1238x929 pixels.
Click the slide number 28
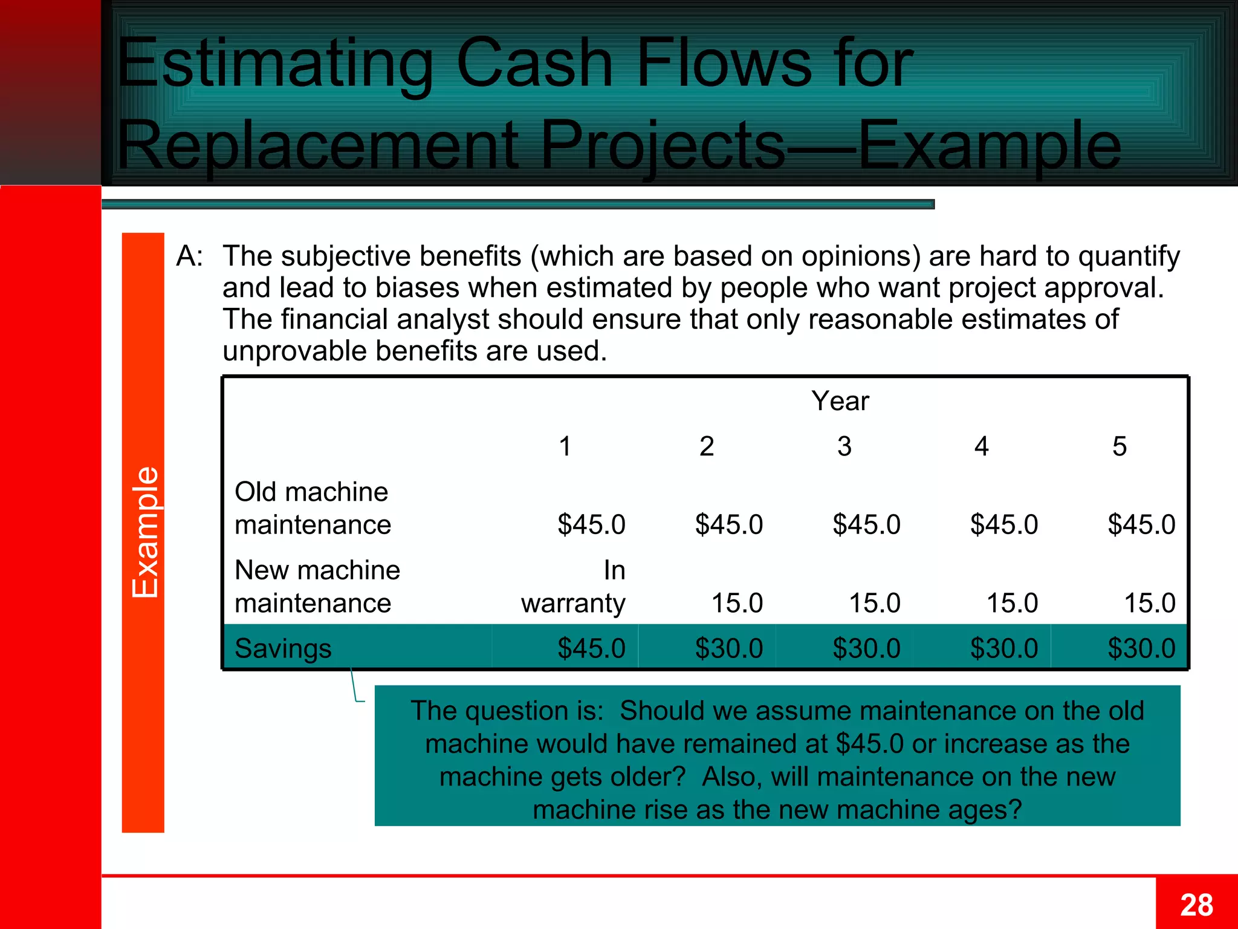click(x=1196, y=905)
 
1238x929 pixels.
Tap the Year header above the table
click(x=840, y=401)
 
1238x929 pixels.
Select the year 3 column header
click(x=844, y=446)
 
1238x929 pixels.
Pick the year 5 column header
click(x=1119, y=446)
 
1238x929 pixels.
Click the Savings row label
click(x=283, y=648)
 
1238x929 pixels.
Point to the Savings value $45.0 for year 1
click(x=591, y=648)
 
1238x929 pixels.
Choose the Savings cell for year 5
click(x=1141, y=648)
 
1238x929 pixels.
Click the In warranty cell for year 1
click(x=572, y=587)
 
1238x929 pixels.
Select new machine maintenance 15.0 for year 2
click(x=736, y=603)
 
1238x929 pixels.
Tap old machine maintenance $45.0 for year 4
click(x=1003, y=524)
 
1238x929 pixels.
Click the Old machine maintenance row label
click(x=312, y=508)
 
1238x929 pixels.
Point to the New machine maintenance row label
click(x=317, y=587)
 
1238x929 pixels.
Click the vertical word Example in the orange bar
click(x=144, y=532)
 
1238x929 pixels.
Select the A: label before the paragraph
click(x=189, y=256)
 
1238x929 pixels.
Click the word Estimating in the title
click(x=275, y=64)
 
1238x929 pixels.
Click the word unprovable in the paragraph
click(x=294, y=351)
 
